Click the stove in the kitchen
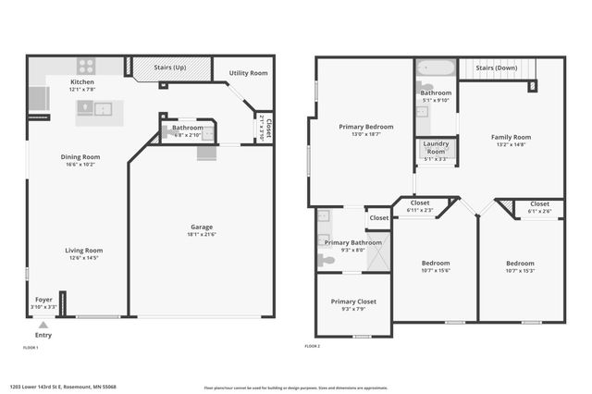tap(85, 66)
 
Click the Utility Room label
tap(249, 72)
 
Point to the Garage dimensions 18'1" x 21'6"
tap(201, 234)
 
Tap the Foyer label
tap(43, 300)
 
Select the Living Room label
tap(83, 250)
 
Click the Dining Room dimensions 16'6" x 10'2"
tap(80, 165)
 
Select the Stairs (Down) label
tap(497, 68)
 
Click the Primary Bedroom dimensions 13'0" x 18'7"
tap(365, 134)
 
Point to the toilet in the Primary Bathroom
tap(327, 261)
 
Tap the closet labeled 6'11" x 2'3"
tap(420, 210)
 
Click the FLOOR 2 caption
tap(313, 346)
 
